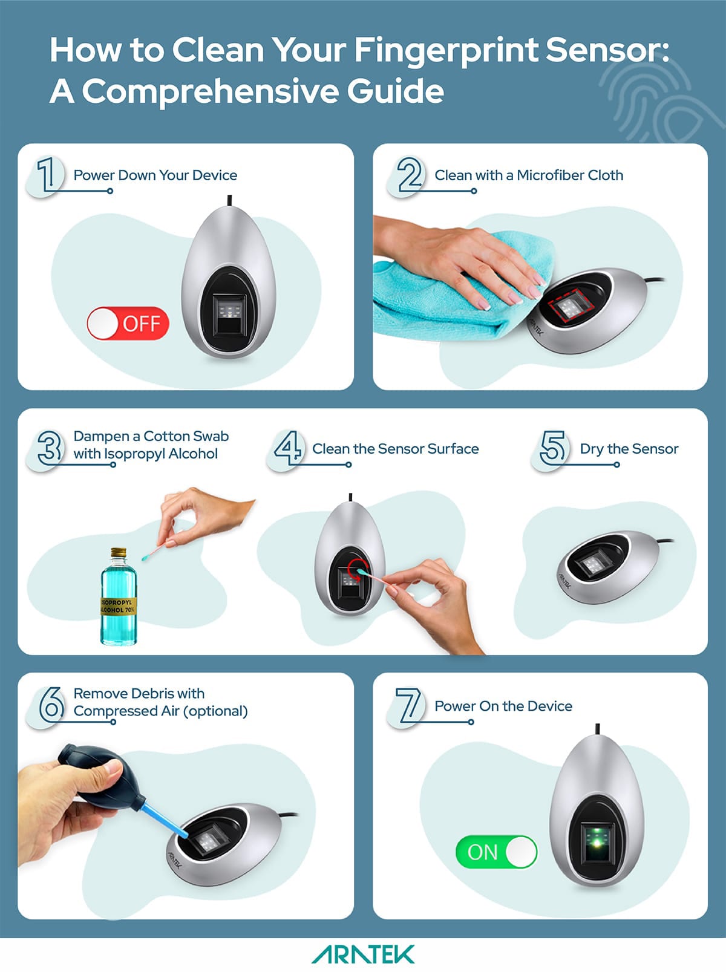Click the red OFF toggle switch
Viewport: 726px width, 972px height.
128,324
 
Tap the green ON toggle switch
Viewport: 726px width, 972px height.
496,852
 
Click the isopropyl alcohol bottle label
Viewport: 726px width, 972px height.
118,606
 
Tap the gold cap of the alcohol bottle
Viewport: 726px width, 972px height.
118,553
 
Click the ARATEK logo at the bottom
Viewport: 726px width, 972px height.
363,955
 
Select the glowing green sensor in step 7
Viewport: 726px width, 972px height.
598,841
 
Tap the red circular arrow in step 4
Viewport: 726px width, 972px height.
356,570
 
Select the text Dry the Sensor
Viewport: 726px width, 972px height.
629,449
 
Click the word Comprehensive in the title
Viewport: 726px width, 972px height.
211,91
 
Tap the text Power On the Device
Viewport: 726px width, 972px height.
503,706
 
